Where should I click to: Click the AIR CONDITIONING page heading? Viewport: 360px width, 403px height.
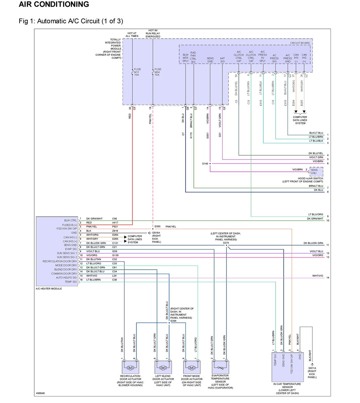(54, 4)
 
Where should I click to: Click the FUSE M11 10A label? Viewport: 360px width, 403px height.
(137, 72)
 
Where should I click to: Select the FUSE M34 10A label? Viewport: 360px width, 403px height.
(157, 72)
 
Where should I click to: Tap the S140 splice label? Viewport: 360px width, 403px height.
(205, 164)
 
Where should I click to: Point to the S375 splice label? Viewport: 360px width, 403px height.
(226, 242)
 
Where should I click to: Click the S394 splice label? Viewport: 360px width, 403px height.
(173, 321)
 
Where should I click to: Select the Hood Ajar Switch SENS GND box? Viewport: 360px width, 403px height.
(316, 172)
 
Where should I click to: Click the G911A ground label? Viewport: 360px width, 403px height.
(312, 372)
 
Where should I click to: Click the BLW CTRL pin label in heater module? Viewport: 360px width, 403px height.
(71, 221)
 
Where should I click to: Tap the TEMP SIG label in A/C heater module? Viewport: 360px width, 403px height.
(71, 282)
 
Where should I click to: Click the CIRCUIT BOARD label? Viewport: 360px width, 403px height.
(300, 43)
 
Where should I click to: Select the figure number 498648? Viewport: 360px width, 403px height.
(40, 393)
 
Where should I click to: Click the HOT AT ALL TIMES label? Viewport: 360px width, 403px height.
(132, 35)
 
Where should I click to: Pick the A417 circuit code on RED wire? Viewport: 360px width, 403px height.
(115, 223)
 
